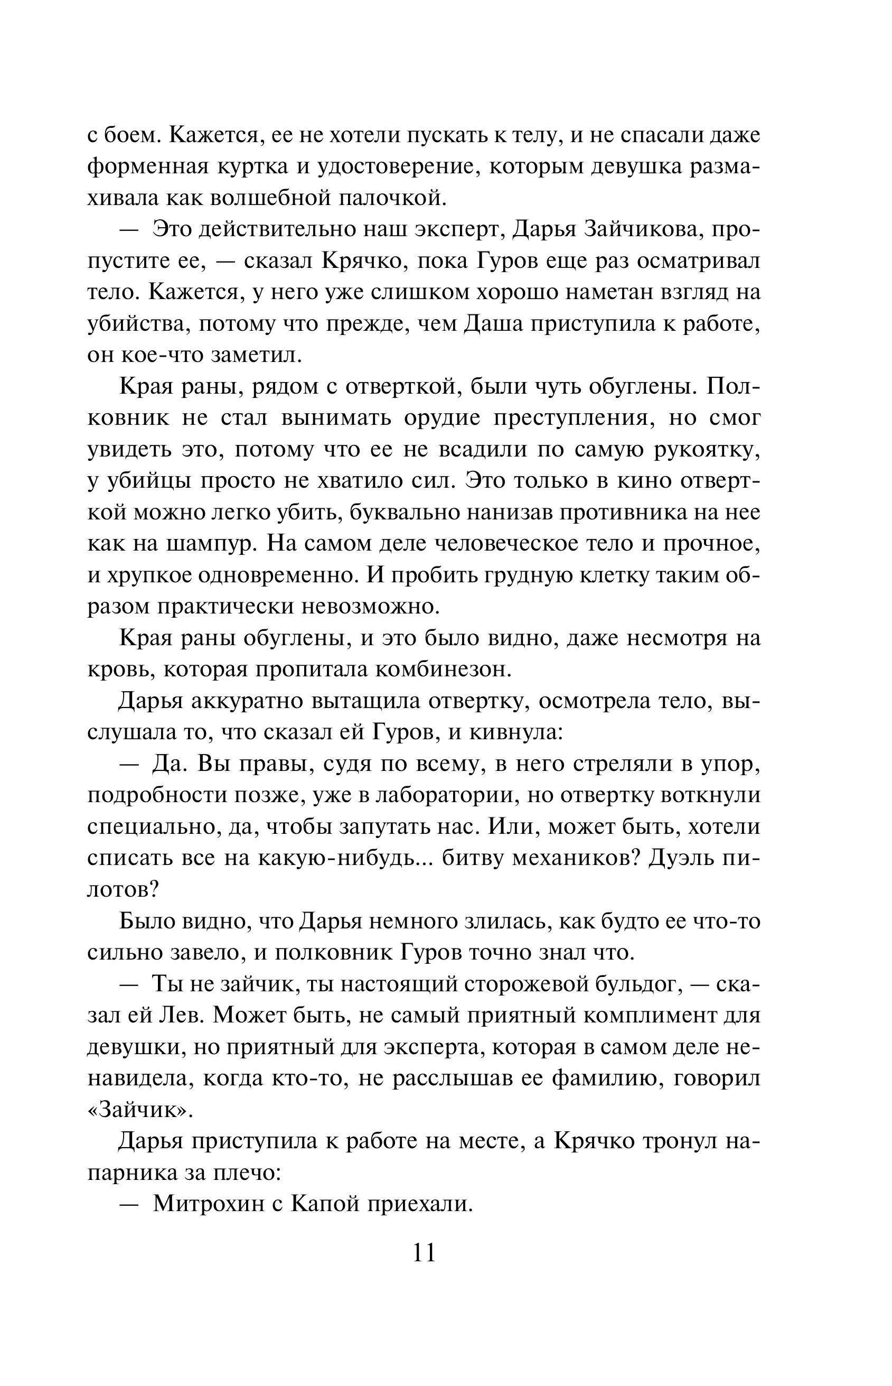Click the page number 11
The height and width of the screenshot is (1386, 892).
pyautogui.click(x=424, y=1253)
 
